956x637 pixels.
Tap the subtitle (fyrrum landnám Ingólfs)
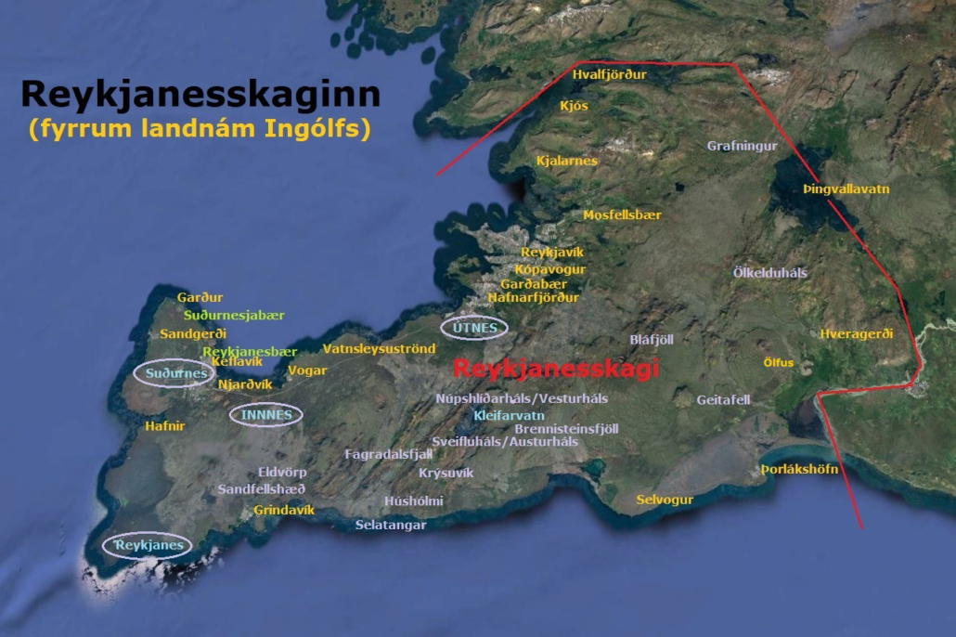pyautogui.click(x=200, y=128)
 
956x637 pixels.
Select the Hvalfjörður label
pyautogui.click(x=609, y=74)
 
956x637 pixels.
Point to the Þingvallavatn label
pyautogui.click(x=846, y=189)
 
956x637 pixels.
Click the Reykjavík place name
pyautogui.click(x=552, y=253)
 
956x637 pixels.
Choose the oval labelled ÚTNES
pyautogui.click(x=474, y=327)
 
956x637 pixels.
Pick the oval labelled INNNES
pyautogui.click(x=266, y=414)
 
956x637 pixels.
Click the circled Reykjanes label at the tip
pyautogui.click(x=148, y=545)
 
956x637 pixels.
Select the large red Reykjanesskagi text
pyautogui.click(x=555, y=369)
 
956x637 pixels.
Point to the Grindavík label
pyautogui.click(x=284, y=510)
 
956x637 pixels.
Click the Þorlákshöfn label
pyautogui.click(x=799, y=469)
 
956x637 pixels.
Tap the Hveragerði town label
pyautogui.click(x=856, y=334)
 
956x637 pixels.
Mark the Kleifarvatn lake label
pyautogui.click(x=509, y=415)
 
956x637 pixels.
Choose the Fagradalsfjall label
pyautogui.click(x=389, y=454)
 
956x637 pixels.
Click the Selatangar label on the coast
pyautogui.click(x=391, y=525)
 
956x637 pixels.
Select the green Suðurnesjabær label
pyautogui.click(x=234, y=315)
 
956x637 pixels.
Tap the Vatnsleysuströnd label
pyautogui.click(x=379, y=349)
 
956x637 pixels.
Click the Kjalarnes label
pyautogui.click(x=566, y=161)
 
